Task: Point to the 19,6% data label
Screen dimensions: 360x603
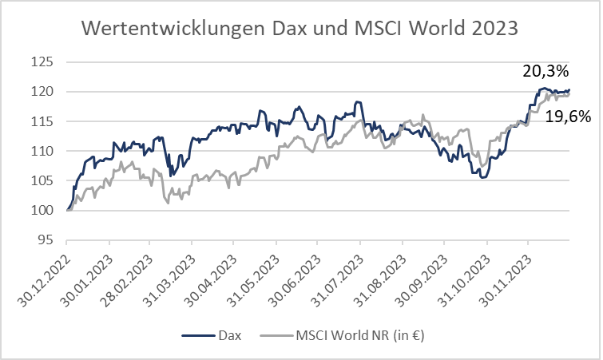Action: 568,117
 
